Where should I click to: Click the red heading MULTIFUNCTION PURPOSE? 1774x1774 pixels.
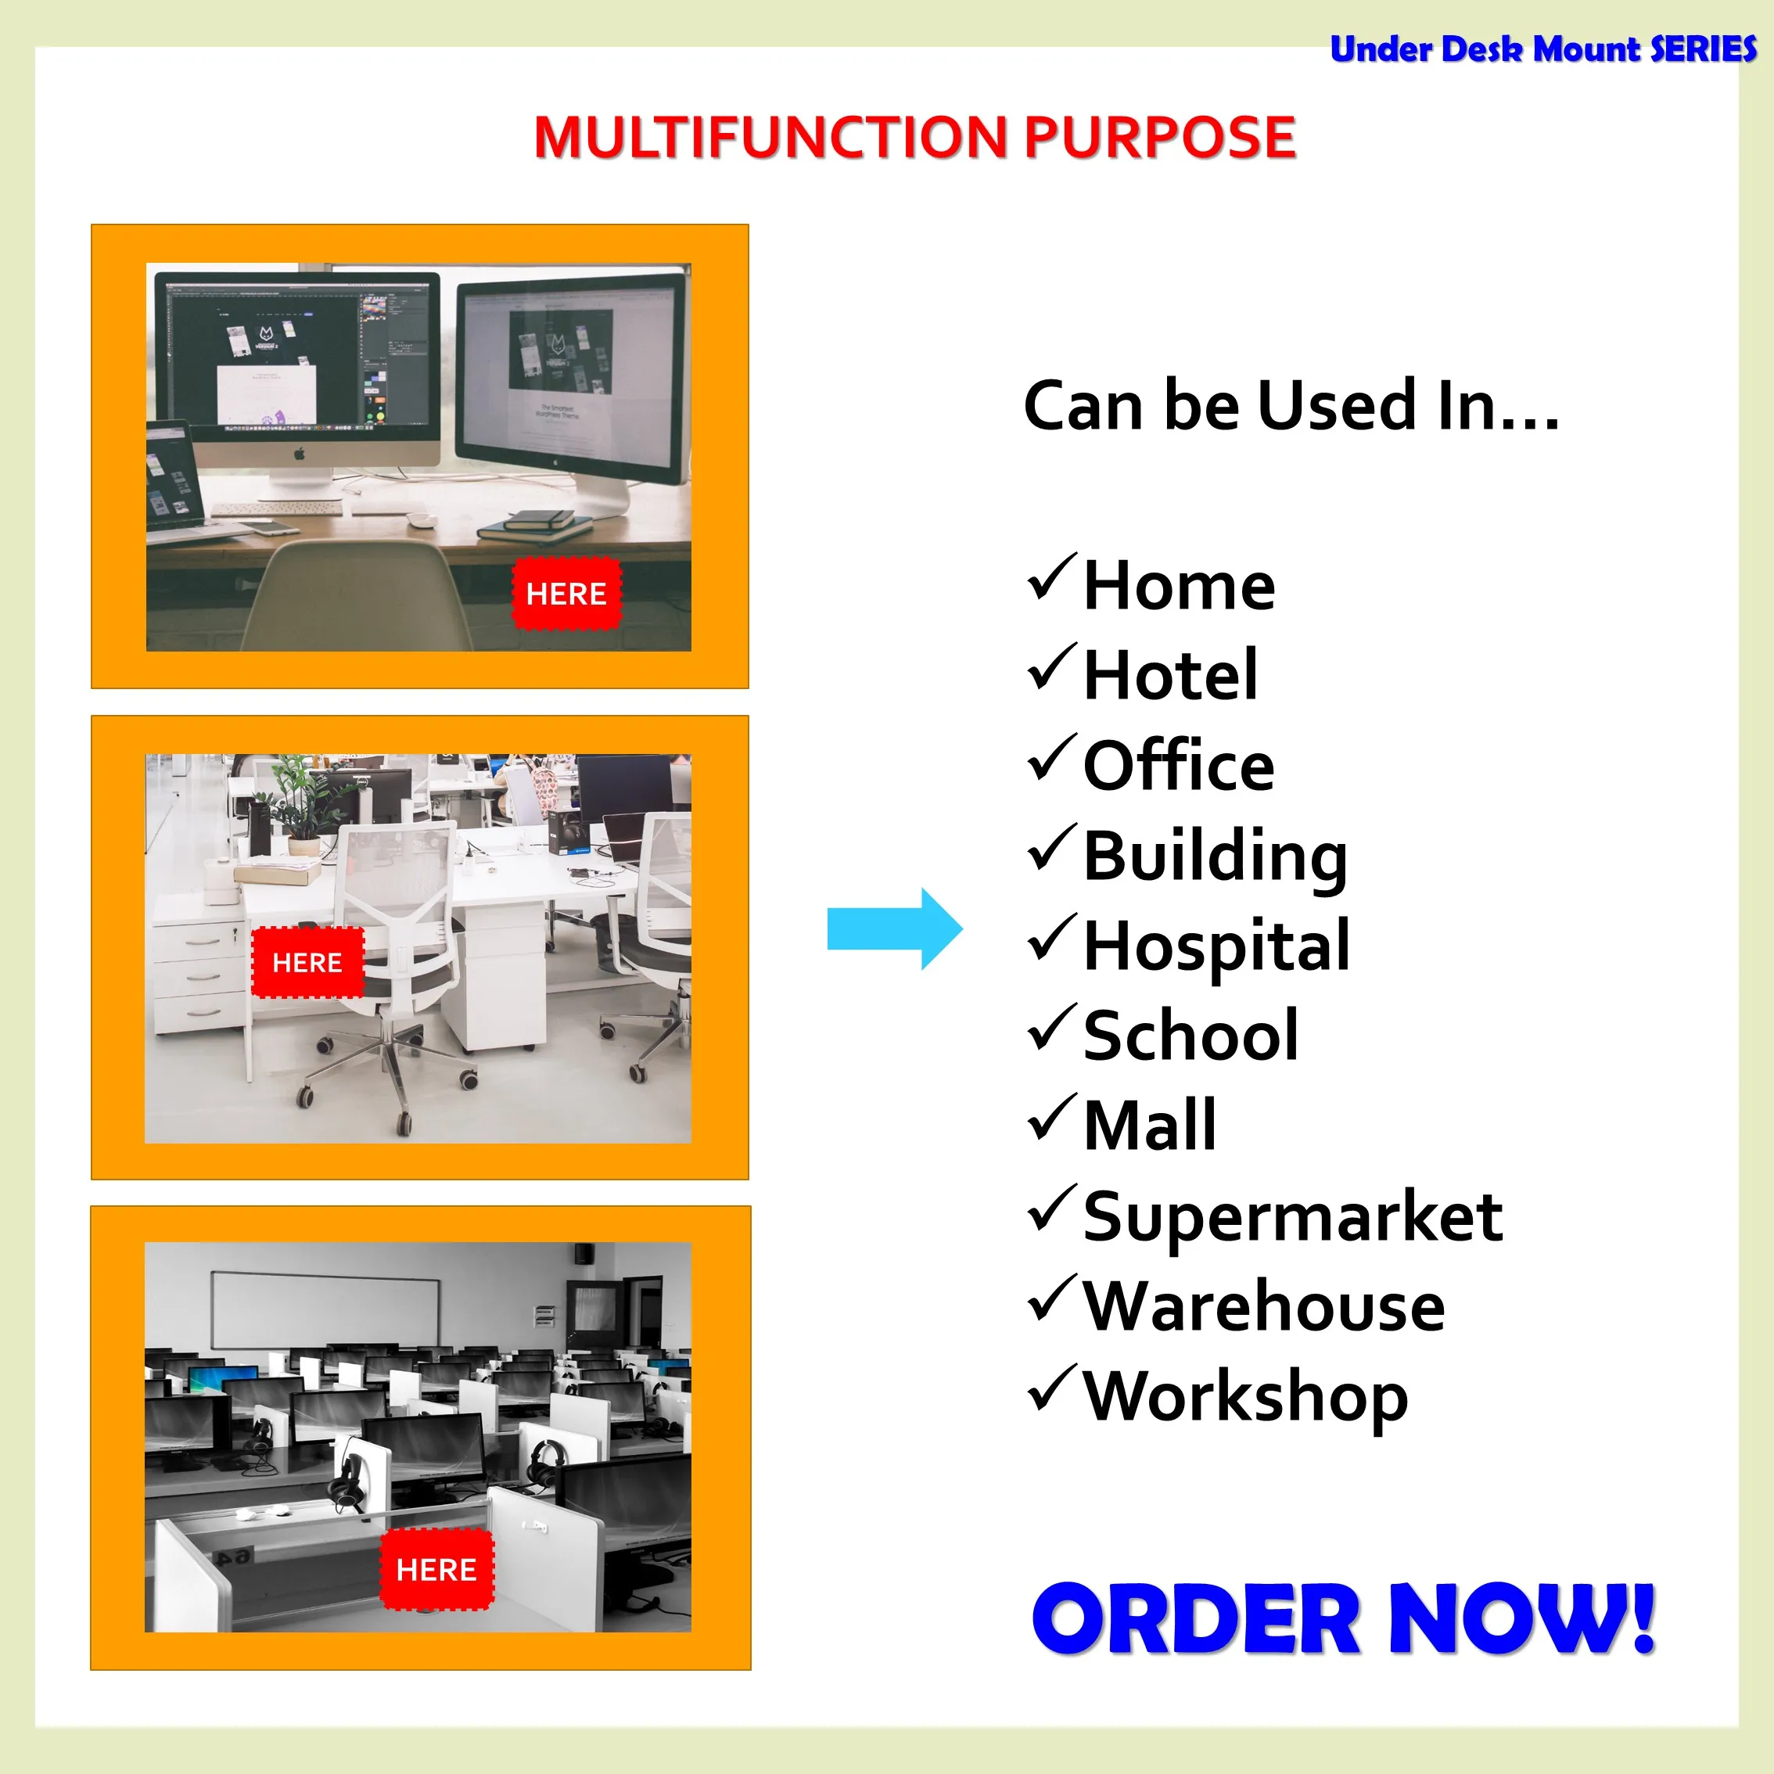coord(914,137)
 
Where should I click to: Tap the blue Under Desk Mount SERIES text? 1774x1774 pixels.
coord(1542,48)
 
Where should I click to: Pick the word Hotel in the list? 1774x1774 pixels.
coord(1171,675)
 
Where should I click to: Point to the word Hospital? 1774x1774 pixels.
coord(1216,946)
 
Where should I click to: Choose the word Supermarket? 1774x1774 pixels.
coord(1293,1216)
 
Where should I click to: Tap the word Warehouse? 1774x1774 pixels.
coord(1264,1305)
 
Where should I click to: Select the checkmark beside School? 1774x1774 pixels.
coord(1051,1026)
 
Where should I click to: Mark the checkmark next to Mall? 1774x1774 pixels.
coord(1051,1116)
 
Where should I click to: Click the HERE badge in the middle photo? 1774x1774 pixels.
coord(307,962)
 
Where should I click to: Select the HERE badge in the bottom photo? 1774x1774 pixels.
coord(437,1569)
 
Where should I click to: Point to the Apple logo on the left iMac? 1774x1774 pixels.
coord(300,454)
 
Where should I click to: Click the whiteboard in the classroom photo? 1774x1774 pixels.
coord(325,1310)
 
